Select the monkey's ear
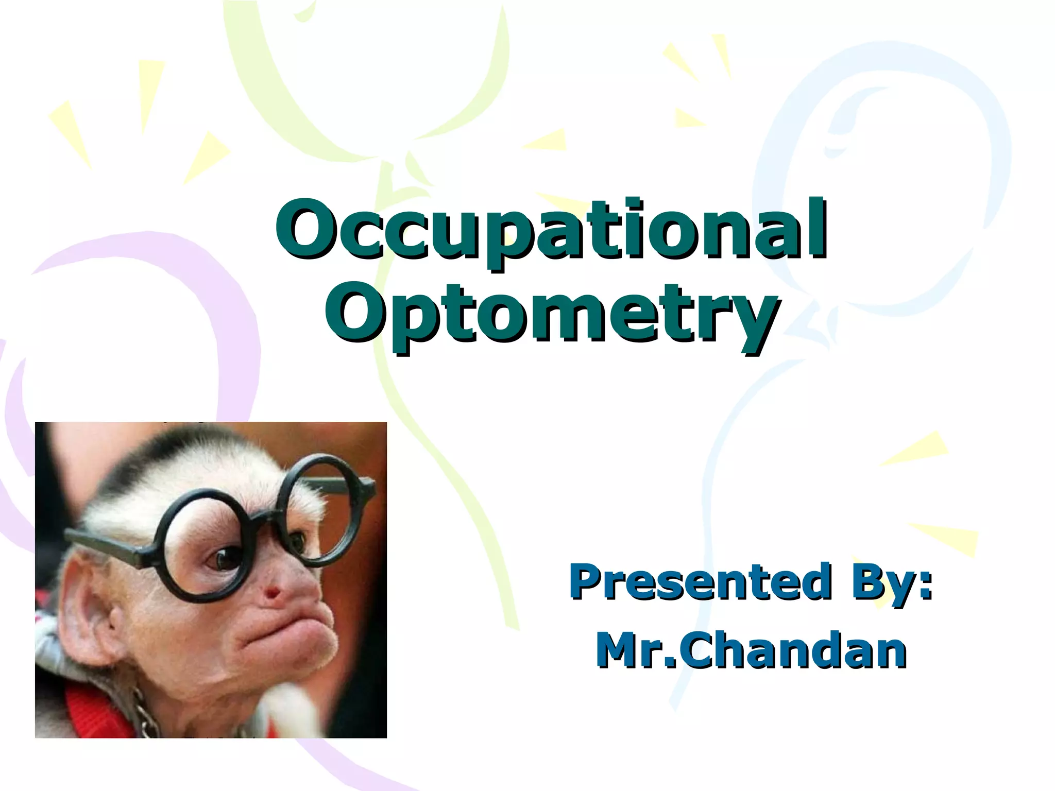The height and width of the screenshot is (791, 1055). (x=98, y=618)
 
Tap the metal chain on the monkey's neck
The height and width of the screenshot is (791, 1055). (x=144, y=713)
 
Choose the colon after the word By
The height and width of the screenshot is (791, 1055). (x=926, y=582)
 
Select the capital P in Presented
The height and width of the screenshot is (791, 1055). (x=586, y=581)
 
